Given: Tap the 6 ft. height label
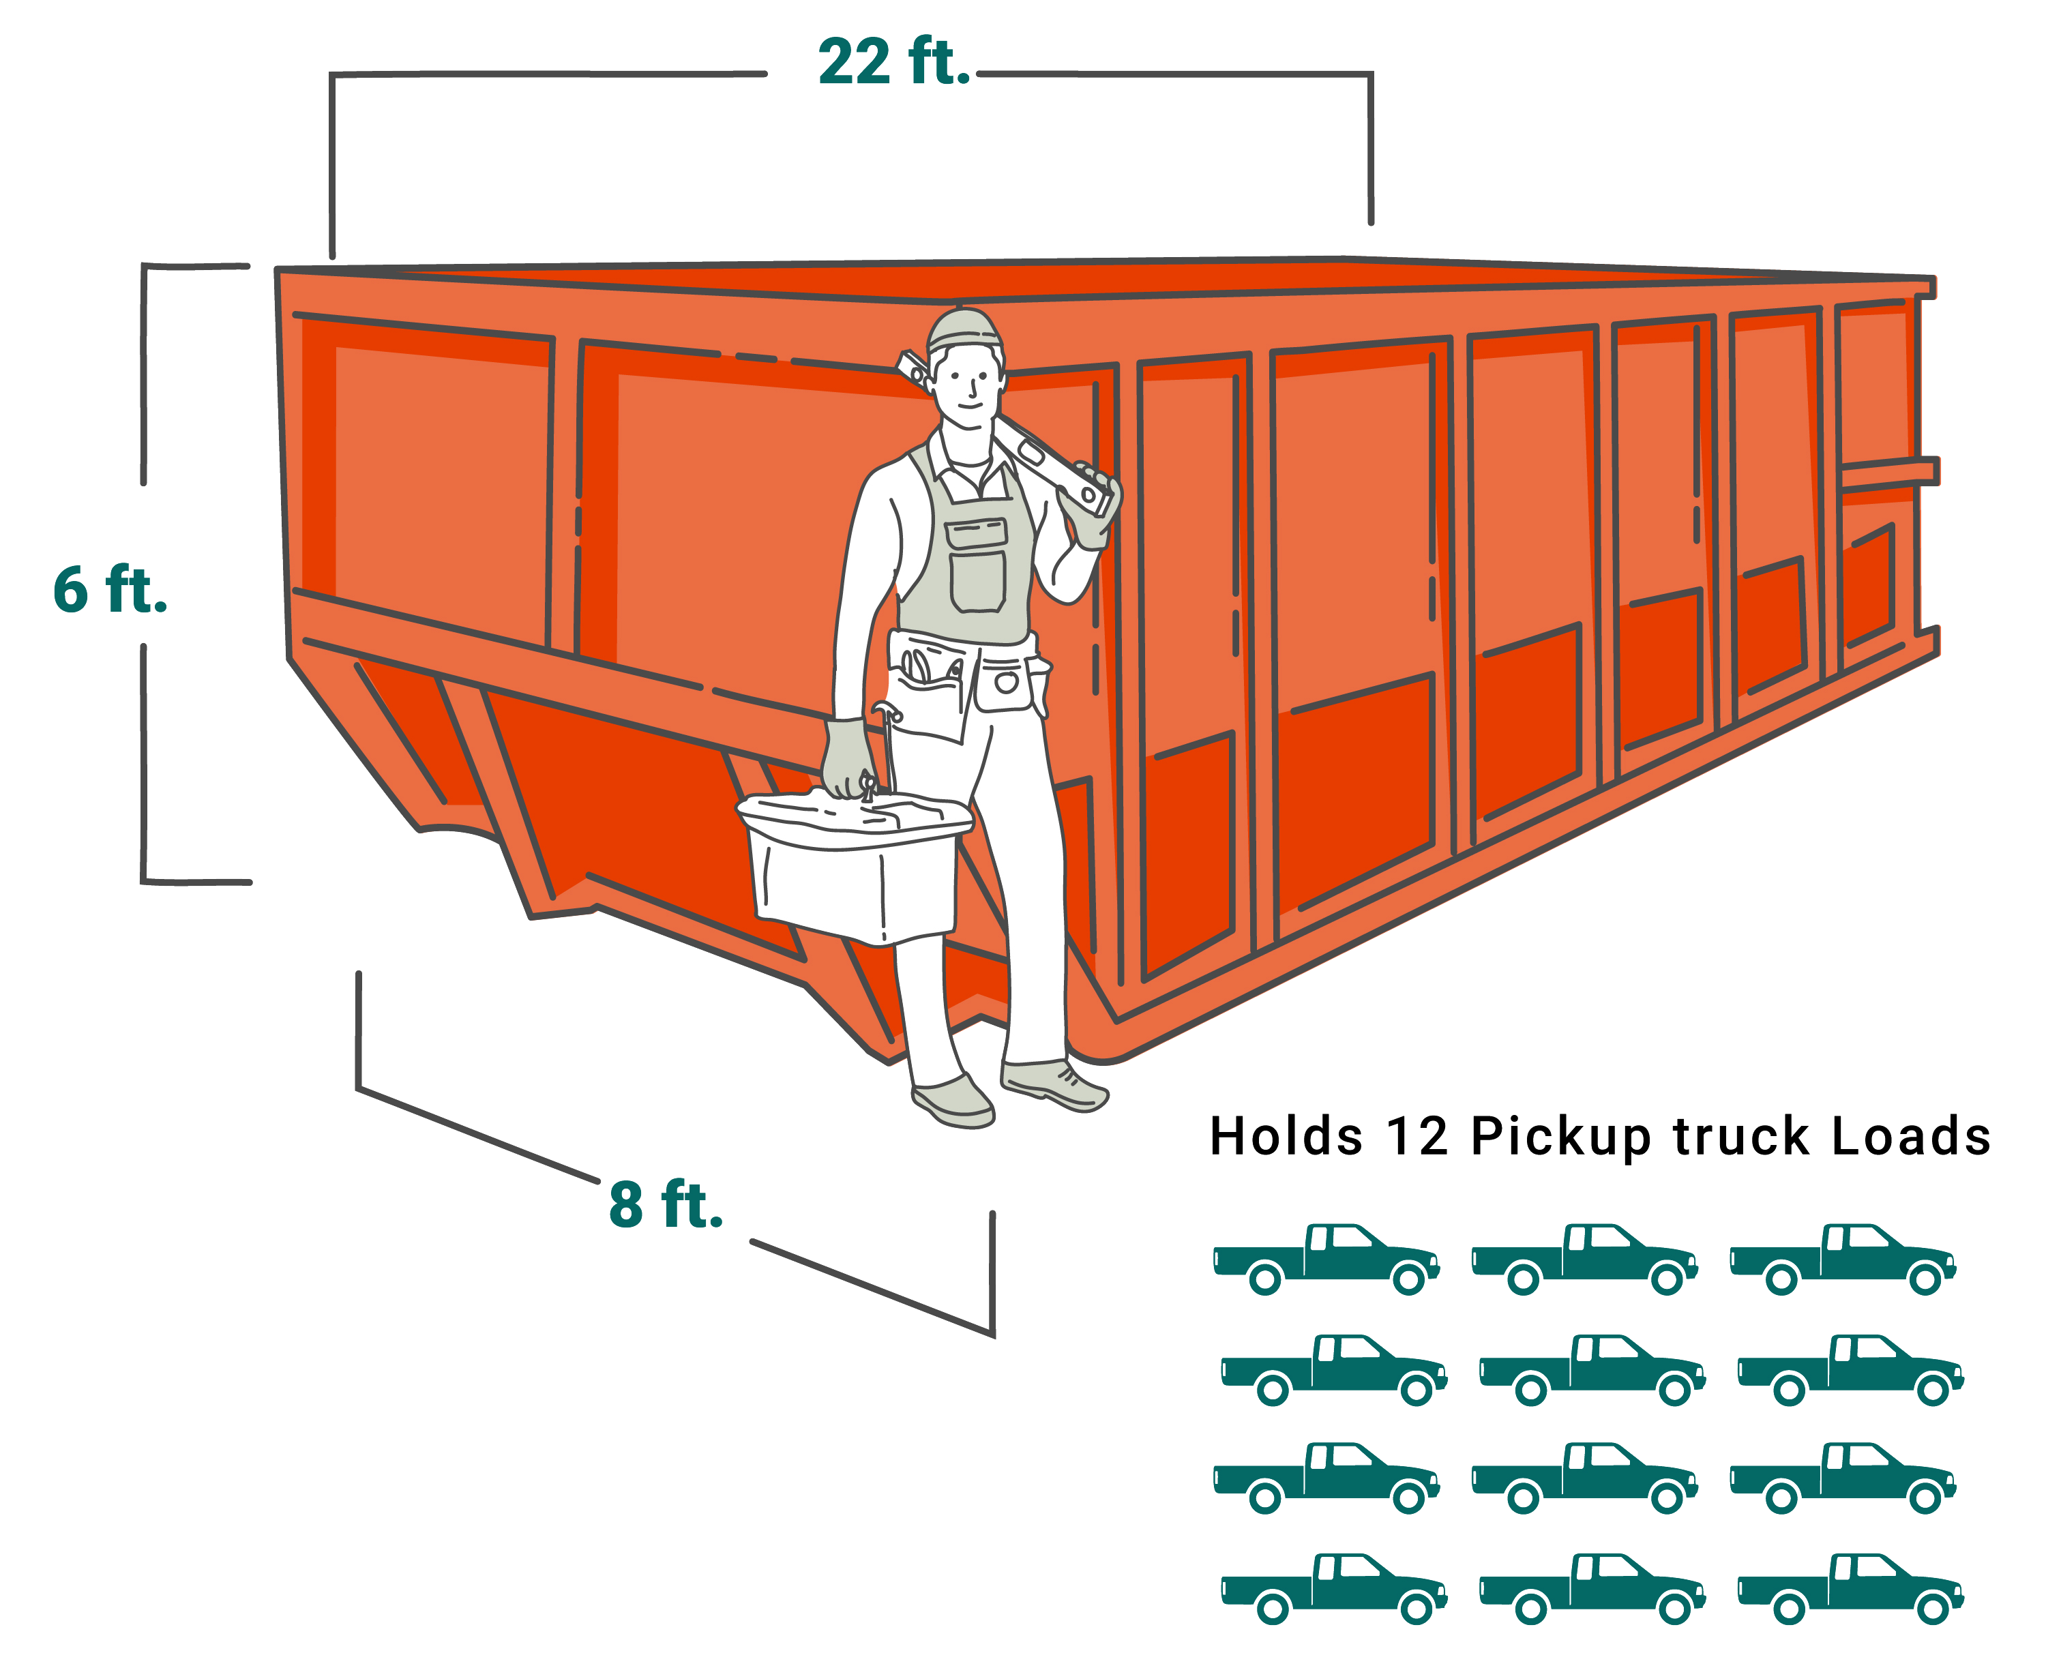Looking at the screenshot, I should (110, 591).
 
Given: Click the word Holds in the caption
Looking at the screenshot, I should (1286, 1137).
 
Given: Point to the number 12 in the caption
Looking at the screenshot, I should (1416, 1137).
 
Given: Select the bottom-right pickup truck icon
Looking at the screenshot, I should (1850, 1588).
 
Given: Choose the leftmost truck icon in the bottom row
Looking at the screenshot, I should (1333, 1588).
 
